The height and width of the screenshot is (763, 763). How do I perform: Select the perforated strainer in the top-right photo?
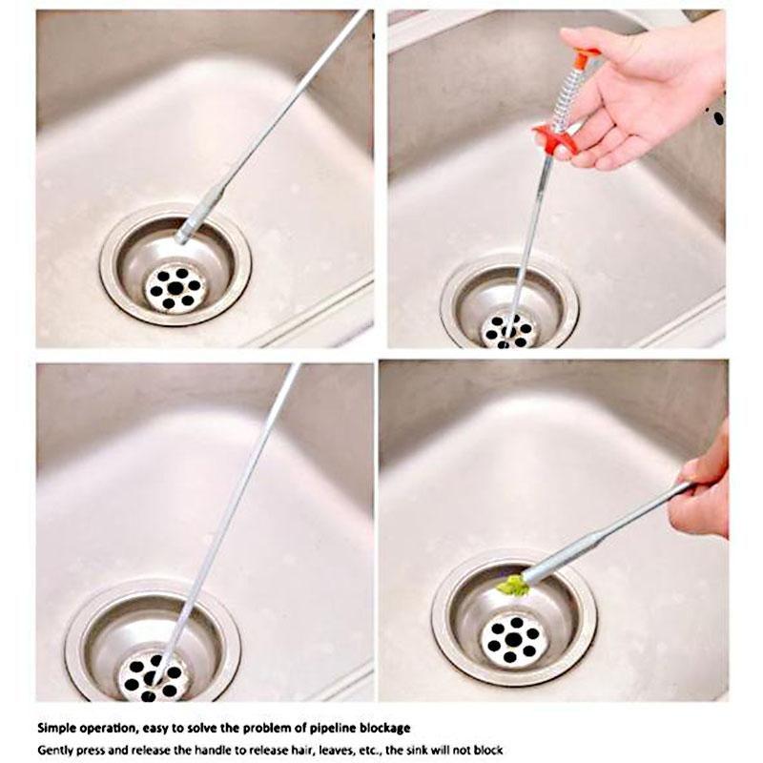(508, 330)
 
